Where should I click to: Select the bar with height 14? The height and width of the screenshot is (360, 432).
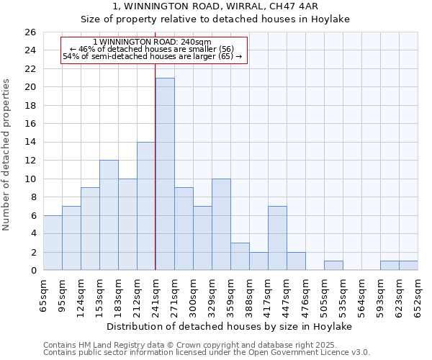click(x=146, y=206)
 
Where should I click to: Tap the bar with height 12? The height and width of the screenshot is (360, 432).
click(x=109, y=215)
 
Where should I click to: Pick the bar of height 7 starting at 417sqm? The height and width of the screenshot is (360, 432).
click(x=277, y=238)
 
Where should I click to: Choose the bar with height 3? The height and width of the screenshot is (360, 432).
click(x=240, y=256)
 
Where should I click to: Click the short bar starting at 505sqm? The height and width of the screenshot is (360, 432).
click(x=333, y=266)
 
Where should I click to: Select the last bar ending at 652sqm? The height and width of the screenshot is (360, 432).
click(x=408, y=266)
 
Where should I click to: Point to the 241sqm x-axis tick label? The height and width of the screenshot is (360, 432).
click(x=156, y=294)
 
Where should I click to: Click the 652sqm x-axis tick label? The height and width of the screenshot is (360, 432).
click(x=418, y=294)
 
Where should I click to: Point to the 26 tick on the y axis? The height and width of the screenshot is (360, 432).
click(x=30, y=32)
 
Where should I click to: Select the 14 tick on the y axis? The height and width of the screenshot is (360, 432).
click(x=30, y=143)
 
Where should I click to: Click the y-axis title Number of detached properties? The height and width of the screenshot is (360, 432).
click(x=7, y=155)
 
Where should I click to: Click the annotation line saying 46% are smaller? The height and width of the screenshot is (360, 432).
click(x=153, y=49)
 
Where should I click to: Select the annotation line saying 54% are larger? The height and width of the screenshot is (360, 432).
click(x=153, y=55)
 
